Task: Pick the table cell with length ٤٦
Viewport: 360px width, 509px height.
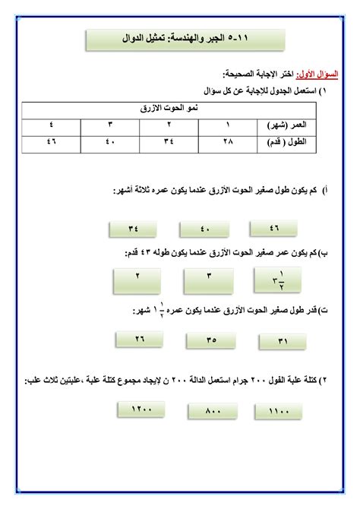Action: pos(50,141)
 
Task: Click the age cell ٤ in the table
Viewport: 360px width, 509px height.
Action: pos(50,125)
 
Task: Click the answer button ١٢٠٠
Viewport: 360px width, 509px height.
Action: pos(142,409)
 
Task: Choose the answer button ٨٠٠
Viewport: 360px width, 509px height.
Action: pos(212,411)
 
